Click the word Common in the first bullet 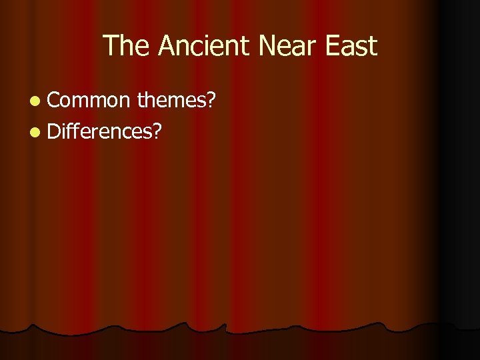point(89,100)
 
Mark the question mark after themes point(211,100)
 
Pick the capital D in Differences point(55,131)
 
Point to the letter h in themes point(151,100)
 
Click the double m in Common point(90,101)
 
